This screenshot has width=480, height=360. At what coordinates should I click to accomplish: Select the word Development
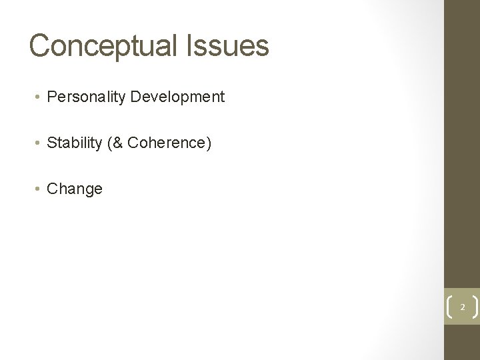[x=178, y=97]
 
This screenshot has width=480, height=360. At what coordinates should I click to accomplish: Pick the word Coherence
[x=166, y=143]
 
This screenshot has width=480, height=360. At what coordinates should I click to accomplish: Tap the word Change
[x=75, y=189]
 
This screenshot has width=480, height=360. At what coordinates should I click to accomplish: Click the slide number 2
[x=461, y=307]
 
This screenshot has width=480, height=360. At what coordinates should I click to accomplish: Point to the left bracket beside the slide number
[x=448, y=307]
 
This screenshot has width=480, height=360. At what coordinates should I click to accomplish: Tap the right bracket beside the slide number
[x=475, y=307]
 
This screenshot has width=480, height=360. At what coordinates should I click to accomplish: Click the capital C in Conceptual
[x=39, y=46]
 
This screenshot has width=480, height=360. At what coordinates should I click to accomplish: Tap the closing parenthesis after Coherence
[x=209, y=143]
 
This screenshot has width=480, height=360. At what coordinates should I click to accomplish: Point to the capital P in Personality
[x=52, y=97]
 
